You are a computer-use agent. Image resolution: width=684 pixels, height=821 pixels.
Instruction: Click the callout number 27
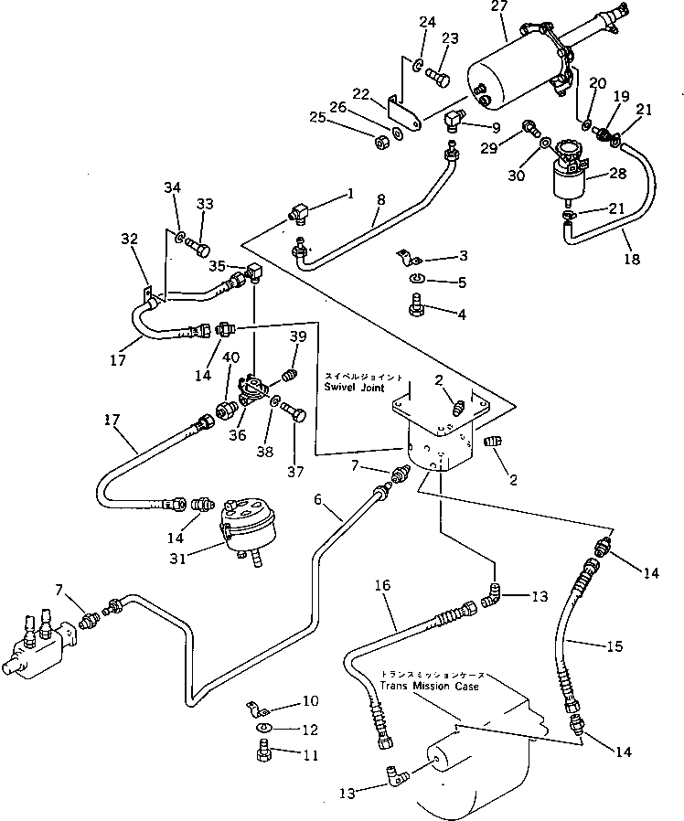(497, 9)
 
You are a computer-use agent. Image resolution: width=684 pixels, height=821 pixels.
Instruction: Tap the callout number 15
(614, 646)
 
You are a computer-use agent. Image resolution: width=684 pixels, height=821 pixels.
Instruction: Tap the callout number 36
(238, 436)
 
